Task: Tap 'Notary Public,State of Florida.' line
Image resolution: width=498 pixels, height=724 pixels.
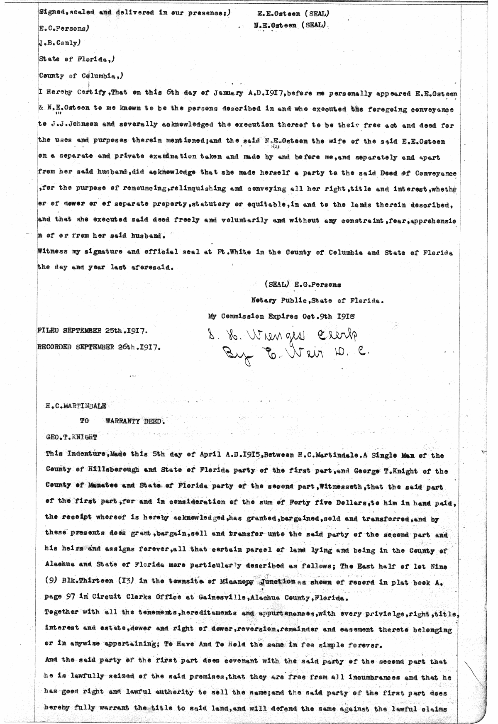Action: click(317, 300)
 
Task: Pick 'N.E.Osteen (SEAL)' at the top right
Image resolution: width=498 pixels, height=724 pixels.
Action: click(290, 25)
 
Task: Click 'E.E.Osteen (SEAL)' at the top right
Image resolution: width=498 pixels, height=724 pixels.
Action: click(293, 13)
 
